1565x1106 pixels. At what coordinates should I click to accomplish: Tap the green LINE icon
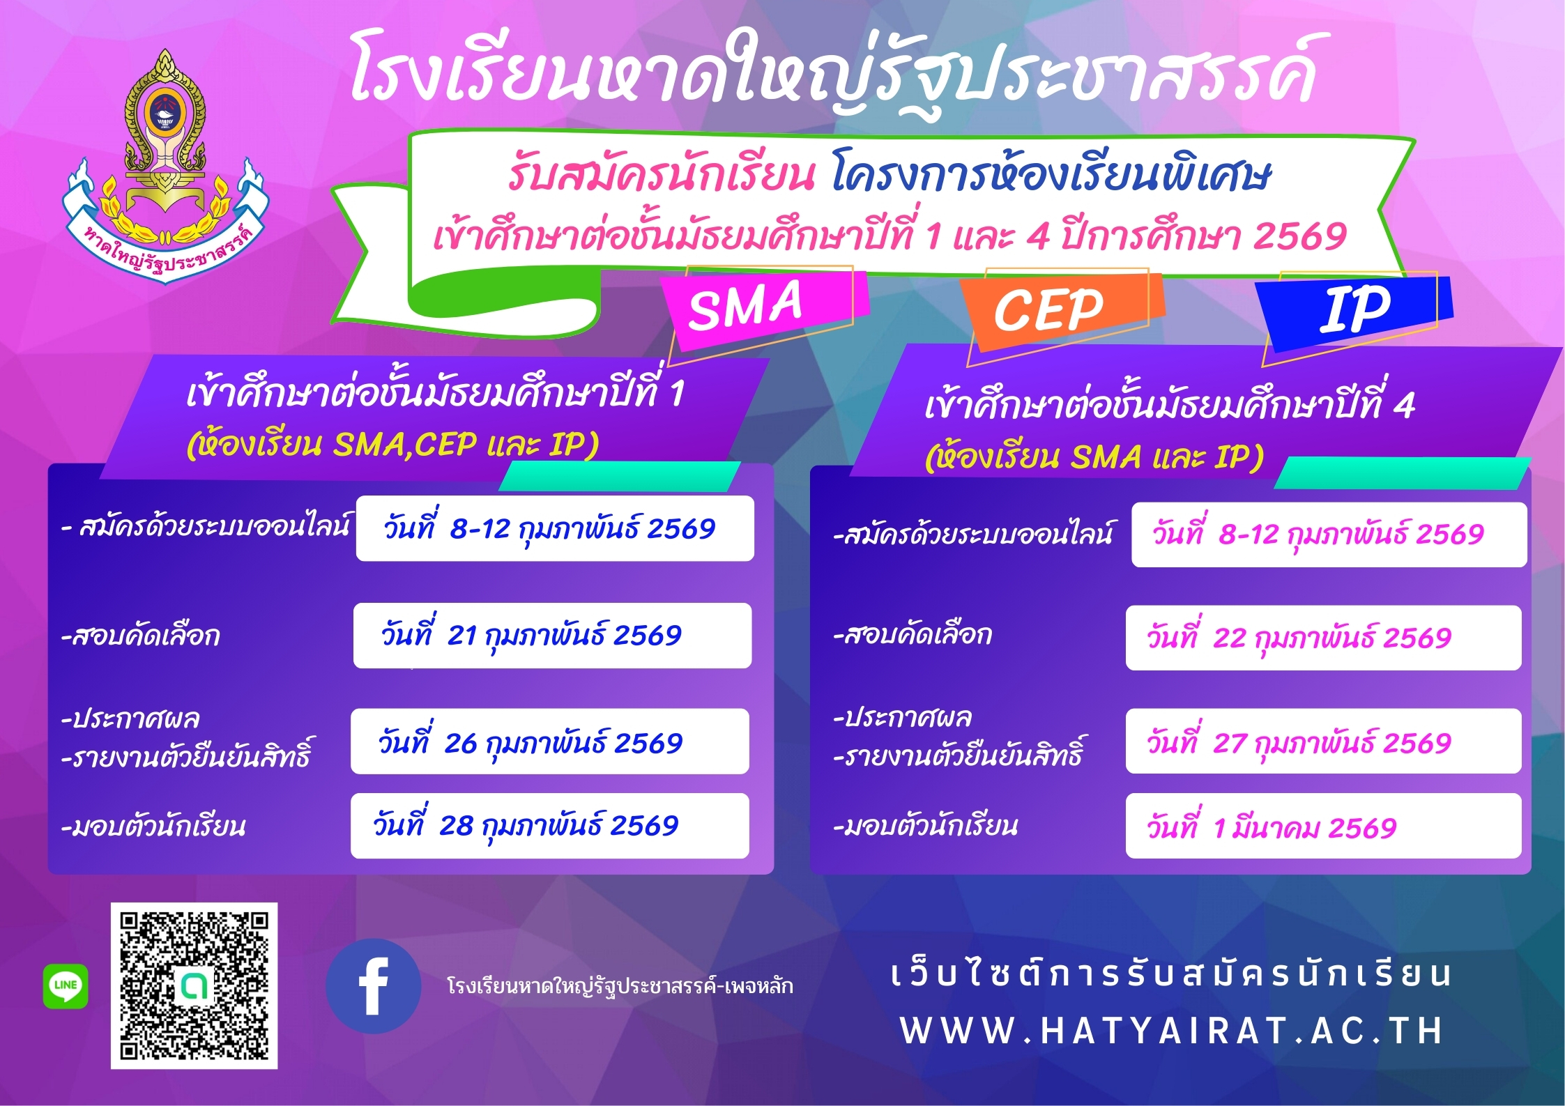tap(66, 985)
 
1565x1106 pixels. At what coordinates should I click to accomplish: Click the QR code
tap(194, 985)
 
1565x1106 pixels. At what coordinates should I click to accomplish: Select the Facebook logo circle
tap(373, 985)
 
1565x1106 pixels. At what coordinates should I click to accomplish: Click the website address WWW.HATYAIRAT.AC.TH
tap(1171, 1031)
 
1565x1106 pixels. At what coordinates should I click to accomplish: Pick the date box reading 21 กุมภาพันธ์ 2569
tap(552, 636)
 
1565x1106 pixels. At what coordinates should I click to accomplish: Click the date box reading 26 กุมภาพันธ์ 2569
tap(549, 742)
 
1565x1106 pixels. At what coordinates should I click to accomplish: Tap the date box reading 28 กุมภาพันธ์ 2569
tap(549, 826)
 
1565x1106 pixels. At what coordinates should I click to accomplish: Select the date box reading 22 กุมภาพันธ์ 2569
tap(1323, 638)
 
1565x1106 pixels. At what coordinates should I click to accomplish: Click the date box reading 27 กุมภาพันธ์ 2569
tap(1323, 742)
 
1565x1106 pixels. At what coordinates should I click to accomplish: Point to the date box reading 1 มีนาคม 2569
tap(1323, 827)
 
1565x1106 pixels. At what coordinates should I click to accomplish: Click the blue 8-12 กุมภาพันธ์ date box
tap(555, 528)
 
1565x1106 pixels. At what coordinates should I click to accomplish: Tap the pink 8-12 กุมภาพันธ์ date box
tap(1329, 535)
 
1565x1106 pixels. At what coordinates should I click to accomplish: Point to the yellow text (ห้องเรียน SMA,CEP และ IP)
tap(392, 444)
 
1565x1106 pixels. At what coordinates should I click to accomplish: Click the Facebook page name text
tap(620, 986)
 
